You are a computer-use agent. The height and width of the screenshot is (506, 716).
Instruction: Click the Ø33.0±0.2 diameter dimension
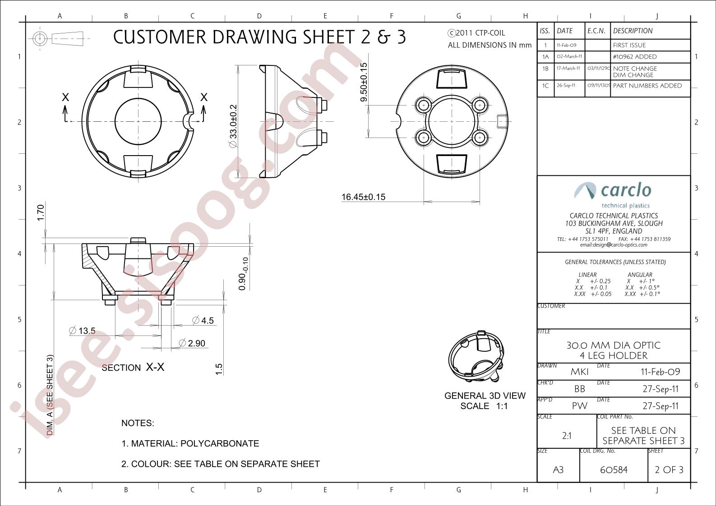coord(233,126)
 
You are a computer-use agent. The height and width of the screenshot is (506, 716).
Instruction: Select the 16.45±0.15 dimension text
coord(364,197)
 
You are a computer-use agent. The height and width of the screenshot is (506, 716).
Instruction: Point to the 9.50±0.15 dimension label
coord(364,83)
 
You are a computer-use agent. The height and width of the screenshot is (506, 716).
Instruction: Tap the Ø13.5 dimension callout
coord(82,331)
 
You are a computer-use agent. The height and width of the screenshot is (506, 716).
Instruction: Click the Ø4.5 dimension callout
coord(203,320)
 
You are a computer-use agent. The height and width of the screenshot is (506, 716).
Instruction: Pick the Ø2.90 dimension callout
coord(192,343)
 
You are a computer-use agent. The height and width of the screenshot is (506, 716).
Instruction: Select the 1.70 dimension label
coord(40,213)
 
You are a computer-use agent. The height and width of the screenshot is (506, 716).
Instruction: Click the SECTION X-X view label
coord(133,368)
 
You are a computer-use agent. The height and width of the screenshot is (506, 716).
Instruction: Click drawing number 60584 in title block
coord(614,469)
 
